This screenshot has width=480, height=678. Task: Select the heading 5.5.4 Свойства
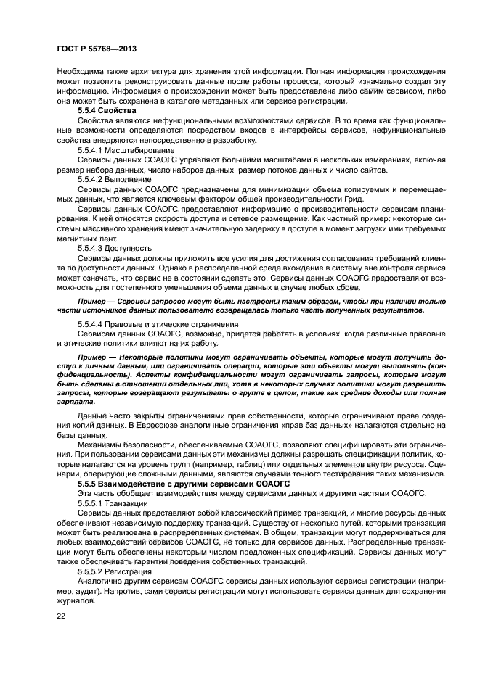[107, 109]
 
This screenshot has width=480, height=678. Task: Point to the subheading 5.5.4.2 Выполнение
[115, 178]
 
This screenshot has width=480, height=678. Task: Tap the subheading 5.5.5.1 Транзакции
[114, 502]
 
